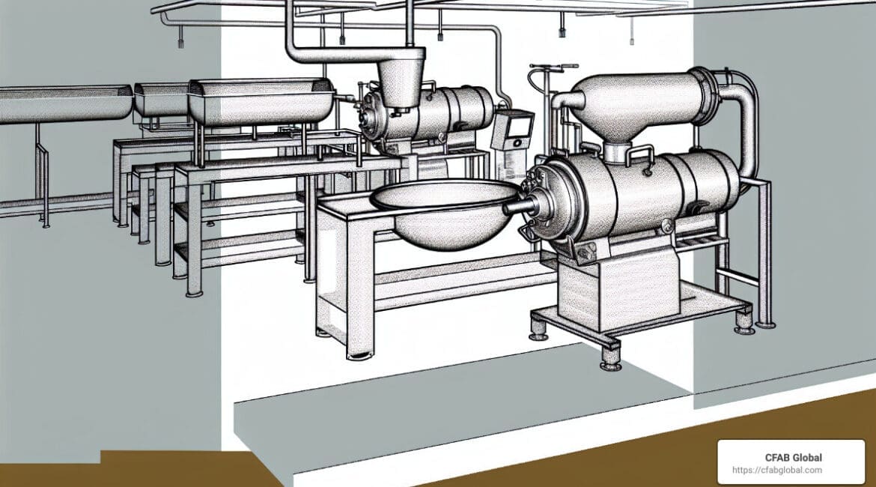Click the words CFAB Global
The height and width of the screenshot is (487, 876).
[x=794, y=457]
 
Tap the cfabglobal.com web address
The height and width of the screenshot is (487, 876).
[x=777, y=471]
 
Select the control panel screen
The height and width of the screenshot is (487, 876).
[x=519, y=126]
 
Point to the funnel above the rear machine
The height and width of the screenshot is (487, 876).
[x=401, y=78]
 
